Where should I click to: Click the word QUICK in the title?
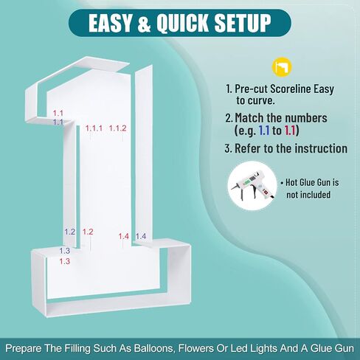(x=183, y=23)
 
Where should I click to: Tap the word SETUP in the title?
(x=243, y=23)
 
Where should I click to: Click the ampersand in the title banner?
(x=144, y=23)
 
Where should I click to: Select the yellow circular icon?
(x=282, y=67)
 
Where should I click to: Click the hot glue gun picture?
(x=252, y=185)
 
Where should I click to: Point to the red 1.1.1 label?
(x=94, y=128)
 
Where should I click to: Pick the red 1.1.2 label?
(x=117, y=128)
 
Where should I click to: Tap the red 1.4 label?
(x=124, y=236)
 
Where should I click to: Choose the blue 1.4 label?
(x=141, y=236)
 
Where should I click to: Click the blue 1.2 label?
(x=70, y=232)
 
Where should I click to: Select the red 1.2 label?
(x=88, y=232)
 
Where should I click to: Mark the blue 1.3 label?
(x=65, y=251)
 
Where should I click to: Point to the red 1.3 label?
(x=65, y=261)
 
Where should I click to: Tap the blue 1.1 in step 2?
(x=264, y=131)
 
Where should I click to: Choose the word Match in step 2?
(x=249, y=118)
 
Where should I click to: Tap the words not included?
(x=308, y=195)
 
